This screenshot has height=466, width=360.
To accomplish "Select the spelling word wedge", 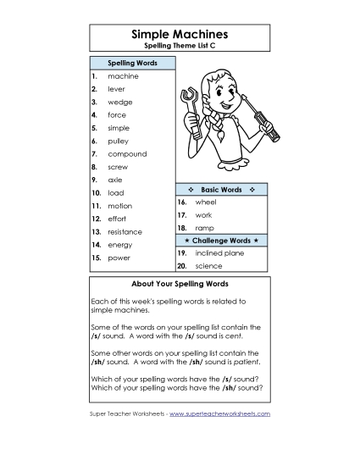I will pos(119,102).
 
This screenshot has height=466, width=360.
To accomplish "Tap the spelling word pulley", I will pos(119,141).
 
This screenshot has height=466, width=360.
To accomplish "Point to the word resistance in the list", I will pos(125,231).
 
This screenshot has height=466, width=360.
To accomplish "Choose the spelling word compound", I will pos(127,154).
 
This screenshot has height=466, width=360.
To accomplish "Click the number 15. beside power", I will pos(97,258).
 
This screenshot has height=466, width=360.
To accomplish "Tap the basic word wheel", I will pos(206,202).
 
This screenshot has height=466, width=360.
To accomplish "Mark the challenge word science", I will pos(208,266).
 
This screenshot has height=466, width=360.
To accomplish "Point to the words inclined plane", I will pos(219,253).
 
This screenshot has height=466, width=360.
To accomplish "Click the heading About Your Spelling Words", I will pos(180,284).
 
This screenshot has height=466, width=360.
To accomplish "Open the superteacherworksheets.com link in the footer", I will pos(226,413).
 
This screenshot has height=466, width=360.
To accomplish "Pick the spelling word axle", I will pos(115,180).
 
